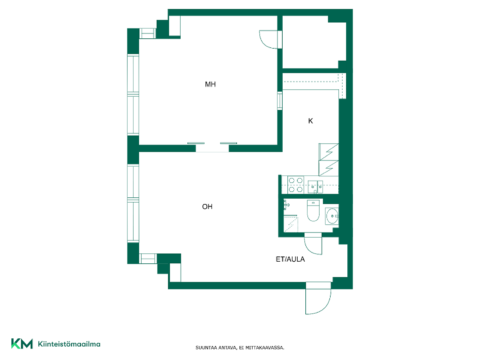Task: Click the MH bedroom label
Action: [x=211, y=84]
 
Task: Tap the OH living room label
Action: [x=207, y=206]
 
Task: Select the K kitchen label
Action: [x=310, y=121]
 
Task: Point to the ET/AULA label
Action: [x=290, y=259]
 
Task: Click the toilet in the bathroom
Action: [x=313, y=211]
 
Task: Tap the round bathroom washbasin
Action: [x=332, y=216]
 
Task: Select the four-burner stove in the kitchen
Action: [x=296, y=185]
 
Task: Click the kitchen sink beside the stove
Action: [x=315, y=187]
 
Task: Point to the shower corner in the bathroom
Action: [x=291, y=224]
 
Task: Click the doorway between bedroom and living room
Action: [x=212, y=148]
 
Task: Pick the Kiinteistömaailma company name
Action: [x=69, y=344]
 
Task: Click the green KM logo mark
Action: [x=22, y=343]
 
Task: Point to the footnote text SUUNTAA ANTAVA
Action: [x=216, y=347]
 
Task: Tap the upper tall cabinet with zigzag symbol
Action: [x=329, y=152]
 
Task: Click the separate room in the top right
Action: [x=314, y=42]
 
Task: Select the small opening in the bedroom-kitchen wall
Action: [x=280, y=101]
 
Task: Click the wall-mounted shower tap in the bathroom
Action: [x=286, y=205]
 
